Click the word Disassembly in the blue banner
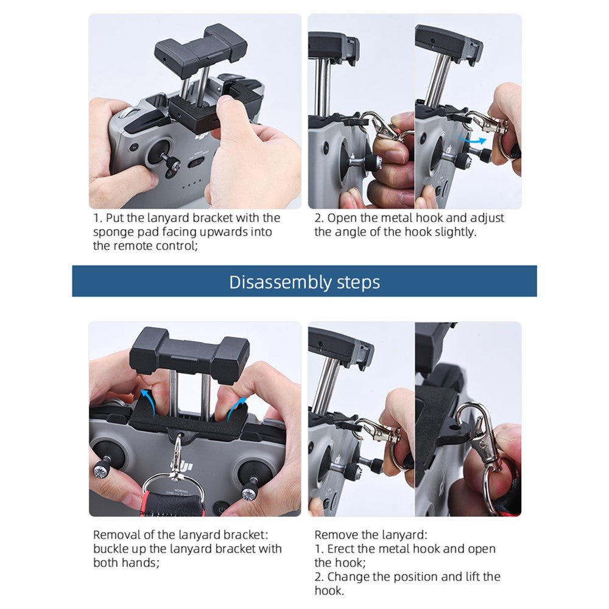pyautogui.click(x=280, y=283)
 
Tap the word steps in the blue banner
pyautogui.click(x=358, y=283)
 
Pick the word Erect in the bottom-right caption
pyautogui.click(x=340, y=549)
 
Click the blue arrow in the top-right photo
pyautogui.click(x=471, y=139)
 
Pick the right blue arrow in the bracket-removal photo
pyautogui.click(x=236, y=408)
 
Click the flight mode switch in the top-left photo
pyautogui.click(x=196, y=163)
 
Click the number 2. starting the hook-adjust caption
pyautogui.click(x=319, y=218)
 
